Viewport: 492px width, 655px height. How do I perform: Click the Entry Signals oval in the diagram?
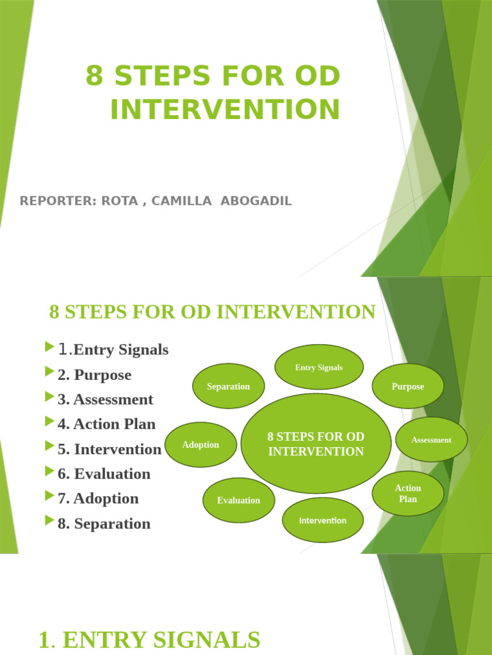point(319,367)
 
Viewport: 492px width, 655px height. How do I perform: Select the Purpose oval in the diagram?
point(408,386)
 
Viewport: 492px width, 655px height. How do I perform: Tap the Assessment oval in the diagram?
point(431,440)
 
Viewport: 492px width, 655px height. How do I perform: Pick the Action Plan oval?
point(408,493)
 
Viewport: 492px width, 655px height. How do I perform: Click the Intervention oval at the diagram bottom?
point(323,520)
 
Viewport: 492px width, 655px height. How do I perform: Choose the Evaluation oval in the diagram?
point(238,500)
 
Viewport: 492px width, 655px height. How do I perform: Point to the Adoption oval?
point(201,445)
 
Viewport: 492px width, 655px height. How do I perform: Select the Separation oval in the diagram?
point(228,386)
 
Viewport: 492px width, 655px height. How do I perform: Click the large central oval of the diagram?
point(316,444)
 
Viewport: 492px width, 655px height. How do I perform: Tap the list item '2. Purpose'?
point(94,375)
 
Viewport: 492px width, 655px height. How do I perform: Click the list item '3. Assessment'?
point(105,400)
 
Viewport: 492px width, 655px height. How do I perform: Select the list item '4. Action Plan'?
point(106,424)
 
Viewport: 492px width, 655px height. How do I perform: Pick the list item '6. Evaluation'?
point(104,474)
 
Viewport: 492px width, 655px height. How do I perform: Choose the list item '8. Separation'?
point(104,524)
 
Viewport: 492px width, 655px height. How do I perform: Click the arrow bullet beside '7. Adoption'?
point(50,496)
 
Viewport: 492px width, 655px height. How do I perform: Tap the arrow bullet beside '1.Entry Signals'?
point(50,347)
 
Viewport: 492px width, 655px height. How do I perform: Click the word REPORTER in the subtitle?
point(56,201)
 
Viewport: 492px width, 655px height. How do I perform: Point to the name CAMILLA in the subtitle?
point(181,201)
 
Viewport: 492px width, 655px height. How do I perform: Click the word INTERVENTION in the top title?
point(225,109)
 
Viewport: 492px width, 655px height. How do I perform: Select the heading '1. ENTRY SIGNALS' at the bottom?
point(149,640)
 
